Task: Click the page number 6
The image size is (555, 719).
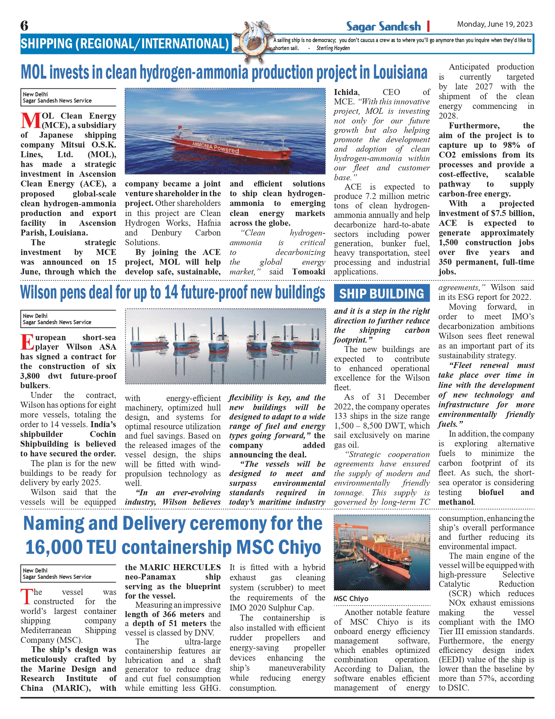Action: pos(24,26)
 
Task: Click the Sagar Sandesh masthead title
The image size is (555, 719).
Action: pos(383,26)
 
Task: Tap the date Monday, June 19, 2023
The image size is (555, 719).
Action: pos(494,24)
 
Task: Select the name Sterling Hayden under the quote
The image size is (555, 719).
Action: pos(333,48)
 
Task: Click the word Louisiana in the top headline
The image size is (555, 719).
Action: pos(400,72)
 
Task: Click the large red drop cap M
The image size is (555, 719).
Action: pos(31,121)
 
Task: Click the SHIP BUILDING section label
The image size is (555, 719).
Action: pos(382,294)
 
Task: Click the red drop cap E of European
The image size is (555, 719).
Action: pos(27,342)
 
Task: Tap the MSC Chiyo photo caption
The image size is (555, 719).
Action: pos(351,599)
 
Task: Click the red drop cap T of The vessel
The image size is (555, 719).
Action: pos(26,597)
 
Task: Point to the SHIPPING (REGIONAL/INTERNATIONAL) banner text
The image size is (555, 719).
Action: pos(125,44)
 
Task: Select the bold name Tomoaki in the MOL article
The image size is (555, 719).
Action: pos(309,272)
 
